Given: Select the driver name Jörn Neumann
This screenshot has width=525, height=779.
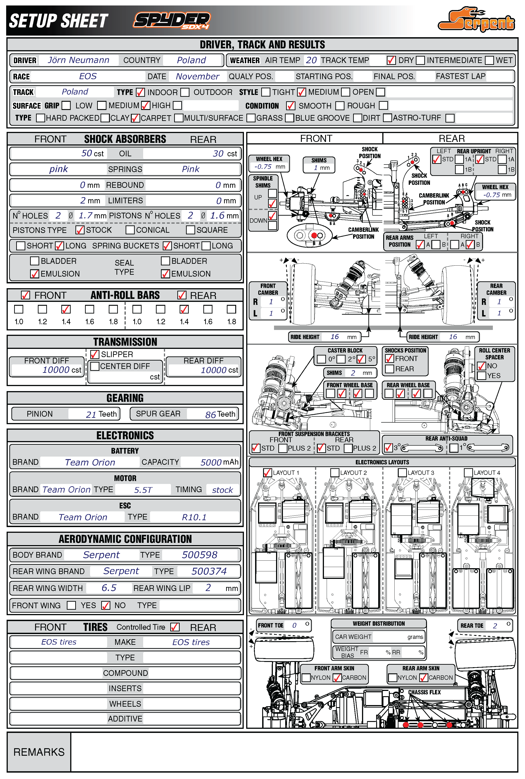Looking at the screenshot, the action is coord(78,60).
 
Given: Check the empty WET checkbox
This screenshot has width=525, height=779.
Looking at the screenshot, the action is coord(489,60).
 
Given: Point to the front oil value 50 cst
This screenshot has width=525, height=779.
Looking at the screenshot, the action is coord(92,154).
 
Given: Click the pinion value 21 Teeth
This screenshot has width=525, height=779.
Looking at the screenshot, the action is coord(101,414).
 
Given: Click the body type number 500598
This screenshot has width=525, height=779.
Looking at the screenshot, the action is coord(199,555).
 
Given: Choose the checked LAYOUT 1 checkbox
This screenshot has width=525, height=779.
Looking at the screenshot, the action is coord(268,472).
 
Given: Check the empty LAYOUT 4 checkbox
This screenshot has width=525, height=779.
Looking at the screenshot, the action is coord(468,472).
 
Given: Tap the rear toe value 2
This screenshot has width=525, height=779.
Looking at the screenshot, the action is coord(495,625).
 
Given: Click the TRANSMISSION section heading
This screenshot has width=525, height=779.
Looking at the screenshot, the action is coord(125,342).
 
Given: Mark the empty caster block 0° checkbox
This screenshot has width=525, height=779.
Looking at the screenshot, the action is coord(321,359).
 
